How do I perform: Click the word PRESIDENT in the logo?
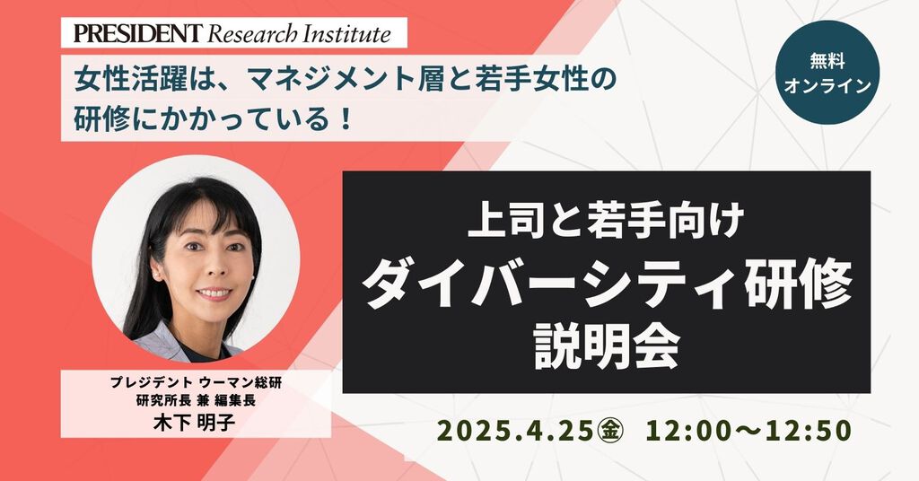[x=137, y=33]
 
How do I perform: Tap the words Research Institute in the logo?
[x=299, y=34]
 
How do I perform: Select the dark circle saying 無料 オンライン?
[x=827, y=72]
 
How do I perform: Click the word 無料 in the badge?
[x=827, y=61]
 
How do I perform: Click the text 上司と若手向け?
[x=606, y=219]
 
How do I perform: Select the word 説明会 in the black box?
[x=607, y=347]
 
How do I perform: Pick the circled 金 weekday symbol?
[x=610, y=432]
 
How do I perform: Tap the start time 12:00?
[x=686, y=432]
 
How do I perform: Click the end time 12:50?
[x=810, y=432]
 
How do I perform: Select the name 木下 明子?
[x=194, y=423]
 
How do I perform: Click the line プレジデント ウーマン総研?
[x=196, y=383]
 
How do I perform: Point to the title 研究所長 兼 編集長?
[x=196, y=401]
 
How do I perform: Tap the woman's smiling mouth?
[x=214, y=293]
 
